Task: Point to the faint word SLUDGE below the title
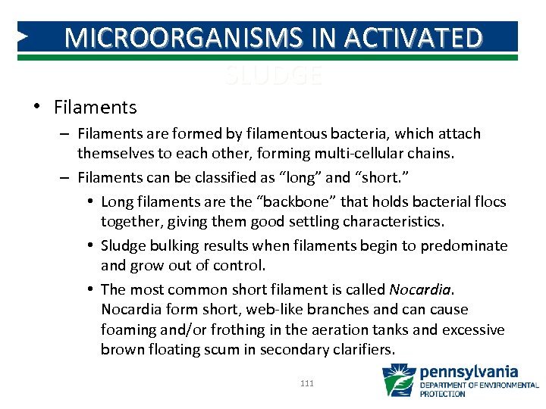[274, 75]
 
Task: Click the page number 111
[307, 384]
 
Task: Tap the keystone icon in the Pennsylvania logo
[398, 379]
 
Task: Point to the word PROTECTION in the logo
[443, 394]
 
